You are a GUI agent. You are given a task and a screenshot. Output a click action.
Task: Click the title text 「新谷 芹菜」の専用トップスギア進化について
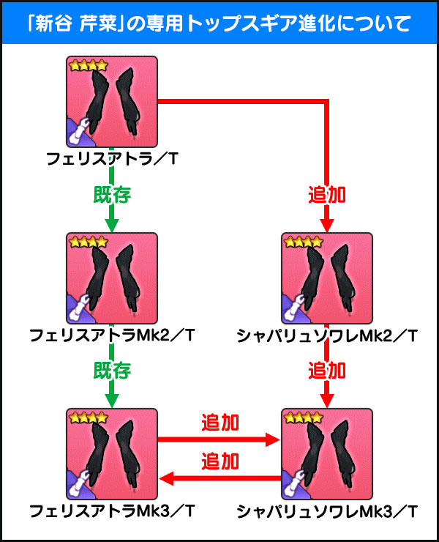click(x=219, y=23)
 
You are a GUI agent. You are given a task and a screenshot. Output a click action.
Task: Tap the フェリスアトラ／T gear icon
click(x=112, y=103)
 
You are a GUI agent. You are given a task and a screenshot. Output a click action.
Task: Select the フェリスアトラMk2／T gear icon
click(x=112, y=279)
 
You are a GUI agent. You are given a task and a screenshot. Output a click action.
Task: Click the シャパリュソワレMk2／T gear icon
click(x=327, y=279)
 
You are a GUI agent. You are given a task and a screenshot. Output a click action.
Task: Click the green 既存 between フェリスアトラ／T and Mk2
click(x=112, y=196)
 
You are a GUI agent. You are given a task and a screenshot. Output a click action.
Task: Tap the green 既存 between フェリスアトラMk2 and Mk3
click(x=112, y=371)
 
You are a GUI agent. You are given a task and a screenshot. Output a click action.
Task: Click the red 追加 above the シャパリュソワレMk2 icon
click(x=327, y=196)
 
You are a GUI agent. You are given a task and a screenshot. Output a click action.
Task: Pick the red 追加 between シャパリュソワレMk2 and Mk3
click(x=327, y=371)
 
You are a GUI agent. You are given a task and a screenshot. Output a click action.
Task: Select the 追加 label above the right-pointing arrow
click(x=219, y=423)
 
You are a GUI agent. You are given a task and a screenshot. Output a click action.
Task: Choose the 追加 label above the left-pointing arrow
click(x=219, y=461)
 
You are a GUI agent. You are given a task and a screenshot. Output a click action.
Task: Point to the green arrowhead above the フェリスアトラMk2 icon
click(x=112, y=224)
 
